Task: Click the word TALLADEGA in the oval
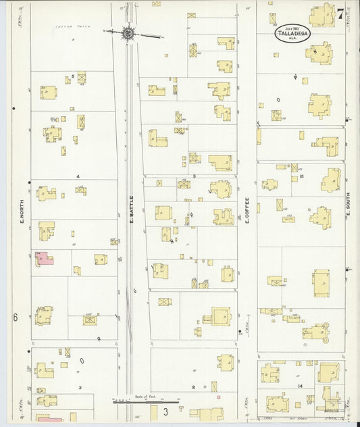point(292,34)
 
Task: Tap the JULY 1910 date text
point(292,28)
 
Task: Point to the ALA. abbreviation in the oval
point(292,39)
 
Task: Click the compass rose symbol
point(127,31)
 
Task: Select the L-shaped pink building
point(44,259)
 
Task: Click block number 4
point(78,176)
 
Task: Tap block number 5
point(72,76)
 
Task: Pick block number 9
point(194,176)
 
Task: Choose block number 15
point(302,176)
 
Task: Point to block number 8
point(194,387)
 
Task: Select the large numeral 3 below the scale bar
point(163,411)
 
